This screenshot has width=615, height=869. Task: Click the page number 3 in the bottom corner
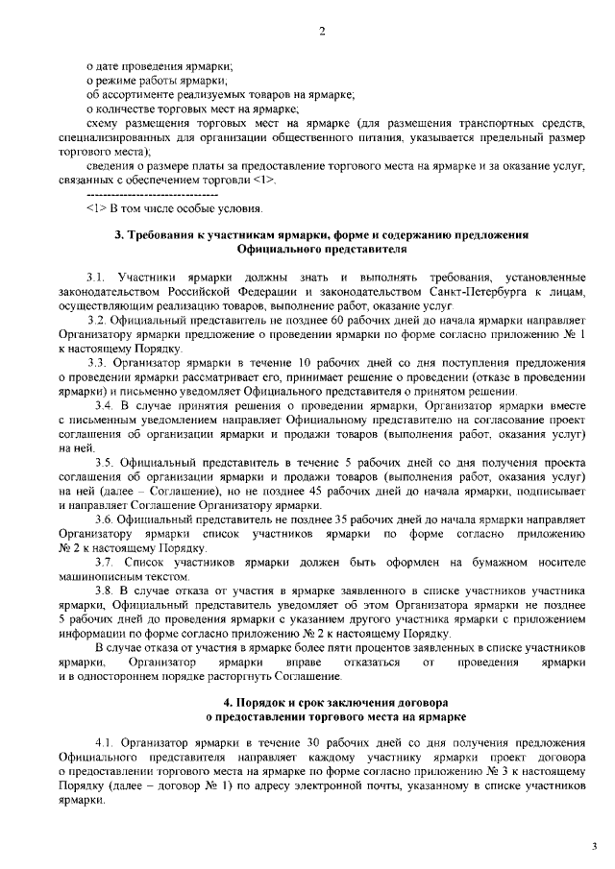pos(593,845)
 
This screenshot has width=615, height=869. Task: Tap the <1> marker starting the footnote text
pos(95,207)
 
